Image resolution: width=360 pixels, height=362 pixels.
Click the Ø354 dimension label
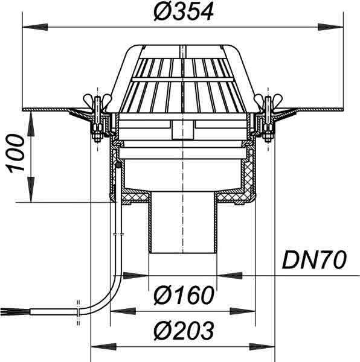coord(184,13)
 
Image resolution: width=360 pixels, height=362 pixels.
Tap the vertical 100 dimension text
coord(16,153)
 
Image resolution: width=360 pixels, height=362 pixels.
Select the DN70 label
coord(314,260)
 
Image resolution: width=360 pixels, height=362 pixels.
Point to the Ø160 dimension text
coord(184,295)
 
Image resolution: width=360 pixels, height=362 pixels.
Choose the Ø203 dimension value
coord(184,331)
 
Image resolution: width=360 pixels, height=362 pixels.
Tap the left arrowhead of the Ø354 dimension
coord(35,27)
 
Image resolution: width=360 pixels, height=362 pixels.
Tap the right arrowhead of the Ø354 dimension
coord(330,27)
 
